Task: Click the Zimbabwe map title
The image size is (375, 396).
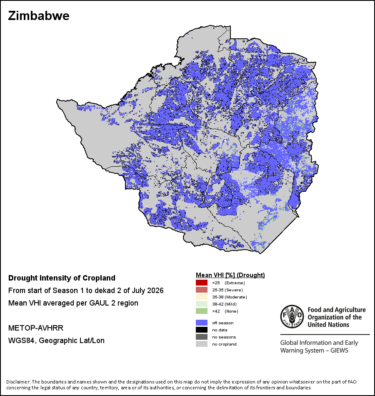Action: click(39, 16)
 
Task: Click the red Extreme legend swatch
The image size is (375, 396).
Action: click(202, 283)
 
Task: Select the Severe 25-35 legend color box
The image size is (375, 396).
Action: click(202, 290)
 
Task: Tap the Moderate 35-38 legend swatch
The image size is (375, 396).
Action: click(202, 297)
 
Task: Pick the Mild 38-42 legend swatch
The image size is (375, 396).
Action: click(202, 304)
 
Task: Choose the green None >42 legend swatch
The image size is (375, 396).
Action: click(202, 311)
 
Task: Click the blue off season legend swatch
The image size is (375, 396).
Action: click(202, 323)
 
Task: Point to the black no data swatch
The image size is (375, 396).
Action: click(202, 330)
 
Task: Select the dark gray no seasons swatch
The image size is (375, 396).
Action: click(202, 337)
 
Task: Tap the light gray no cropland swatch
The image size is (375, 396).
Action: click(202, 344)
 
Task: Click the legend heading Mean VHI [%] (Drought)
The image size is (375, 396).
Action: click(230, 275)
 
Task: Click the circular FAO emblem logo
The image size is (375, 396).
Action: click(292, 316)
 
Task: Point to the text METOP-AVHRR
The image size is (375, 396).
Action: click(36, 328)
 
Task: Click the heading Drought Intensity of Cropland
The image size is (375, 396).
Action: click(62, 278)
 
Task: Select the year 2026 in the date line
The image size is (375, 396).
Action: click(155, 291)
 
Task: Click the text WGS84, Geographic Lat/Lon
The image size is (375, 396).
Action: click(56, 341)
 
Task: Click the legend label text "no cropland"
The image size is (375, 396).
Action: click(224, 344)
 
